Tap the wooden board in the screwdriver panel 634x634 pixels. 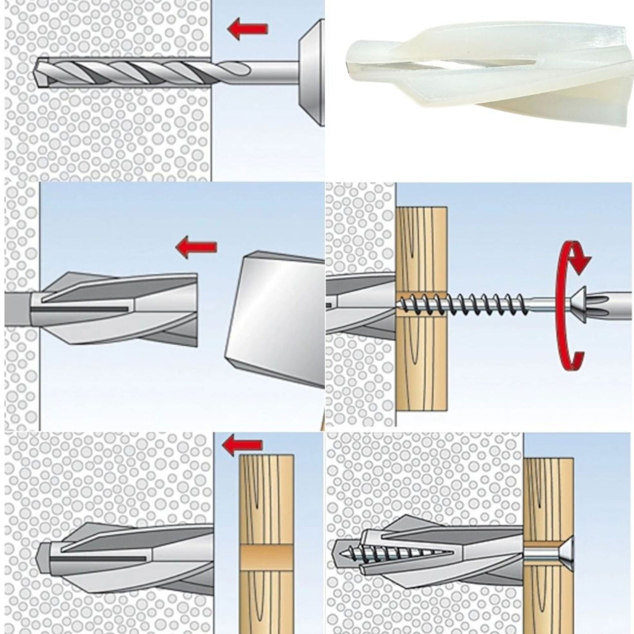tap(421, 347)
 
